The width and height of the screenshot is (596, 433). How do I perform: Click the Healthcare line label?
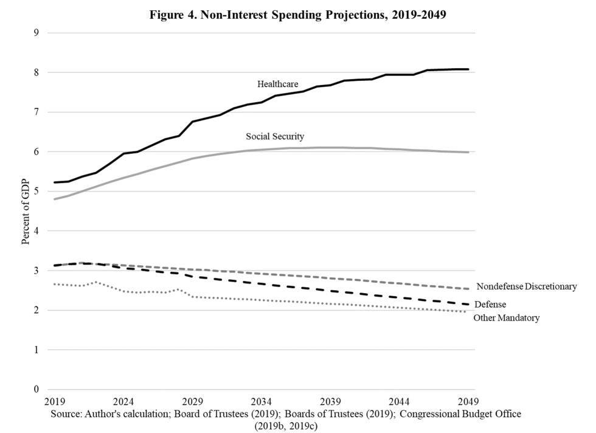click(x=277, y=84)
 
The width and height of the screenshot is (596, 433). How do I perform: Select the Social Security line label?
click(x=274, y=136)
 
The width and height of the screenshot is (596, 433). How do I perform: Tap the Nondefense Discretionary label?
click(x=526, y=286)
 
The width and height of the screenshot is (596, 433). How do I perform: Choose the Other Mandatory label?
click(x=506, y=317)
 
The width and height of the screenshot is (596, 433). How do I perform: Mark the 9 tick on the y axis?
click(x=36, y=33)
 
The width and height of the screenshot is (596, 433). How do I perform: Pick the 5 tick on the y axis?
click(x=36, y=192)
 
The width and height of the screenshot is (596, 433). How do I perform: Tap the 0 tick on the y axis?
click(x=36, y=390)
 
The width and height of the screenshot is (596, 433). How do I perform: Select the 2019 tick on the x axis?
click(x=55, y=402)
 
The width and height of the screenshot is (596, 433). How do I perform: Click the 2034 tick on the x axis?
click(x=262, y=402)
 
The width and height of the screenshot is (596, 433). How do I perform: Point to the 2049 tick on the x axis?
click(x=468, y=402)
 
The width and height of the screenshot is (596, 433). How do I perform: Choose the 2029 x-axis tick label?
click(x=193, y=402)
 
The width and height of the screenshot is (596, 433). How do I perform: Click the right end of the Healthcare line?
click(x=468, y=69)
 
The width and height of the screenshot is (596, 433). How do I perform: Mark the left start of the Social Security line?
click(x=55, y=199)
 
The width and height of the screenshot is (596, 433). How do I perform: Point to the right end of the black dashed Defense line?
click(x=468, y=304)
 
